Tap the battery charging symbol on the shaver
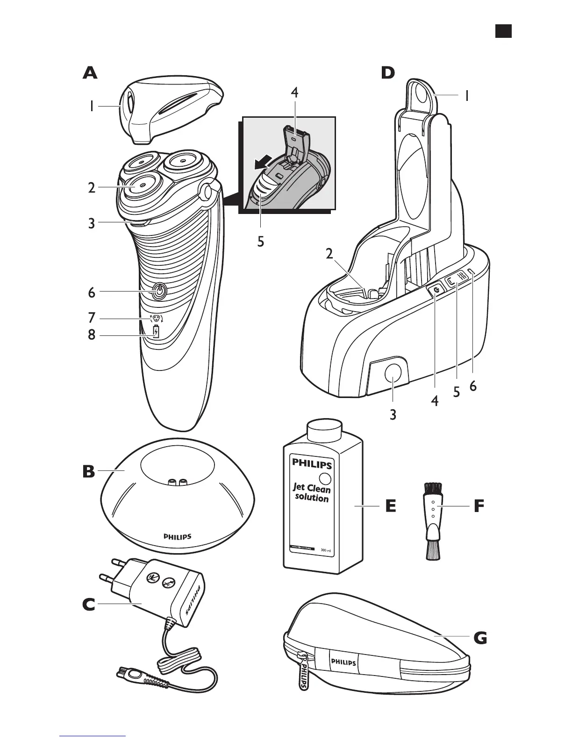156,332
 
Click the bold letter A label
90,73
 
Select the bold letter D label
387,73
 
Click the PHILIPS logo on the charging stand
177,537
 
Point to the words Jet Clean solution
312,493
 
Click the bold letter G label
479,637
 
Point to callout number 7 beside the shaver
92,318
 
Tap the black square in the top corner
503,31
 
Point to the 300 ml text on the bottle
326,551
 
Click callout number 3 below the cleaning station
393,414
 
